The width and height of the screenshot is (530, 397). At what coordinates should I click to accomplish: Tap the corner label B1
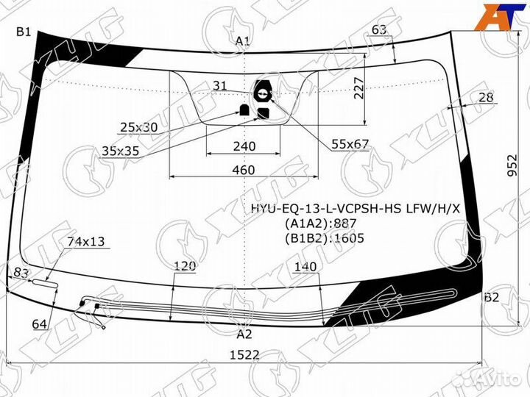pyautogui.click(x=24, y=32)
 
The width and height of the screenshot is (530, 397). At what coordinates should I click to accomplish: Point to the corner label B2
pyautogui.click(x=492, y=297)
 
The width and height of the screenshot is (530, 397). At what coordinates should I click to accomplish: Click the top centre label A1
pyautogui.click(x=243, y=41)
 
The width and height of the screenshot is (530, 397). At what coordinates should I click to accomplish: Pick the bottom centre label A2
pyautogui.click(x=244, y=334)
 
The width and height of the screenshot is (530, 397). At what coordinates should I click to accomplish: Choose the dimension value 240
pyautogui.click(x=244, y=146)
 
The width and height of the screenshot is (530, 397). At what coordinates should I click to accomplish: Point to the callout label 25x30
pyautogui.click(x=139, y=127)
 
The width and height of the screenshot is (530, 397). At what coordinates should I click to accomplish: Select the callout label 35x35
pyautogui.click(x=121, y=151)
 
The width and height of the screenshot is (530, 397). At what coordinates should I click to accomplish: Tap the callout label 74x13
pyautogui.click(x=86, y=241)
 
